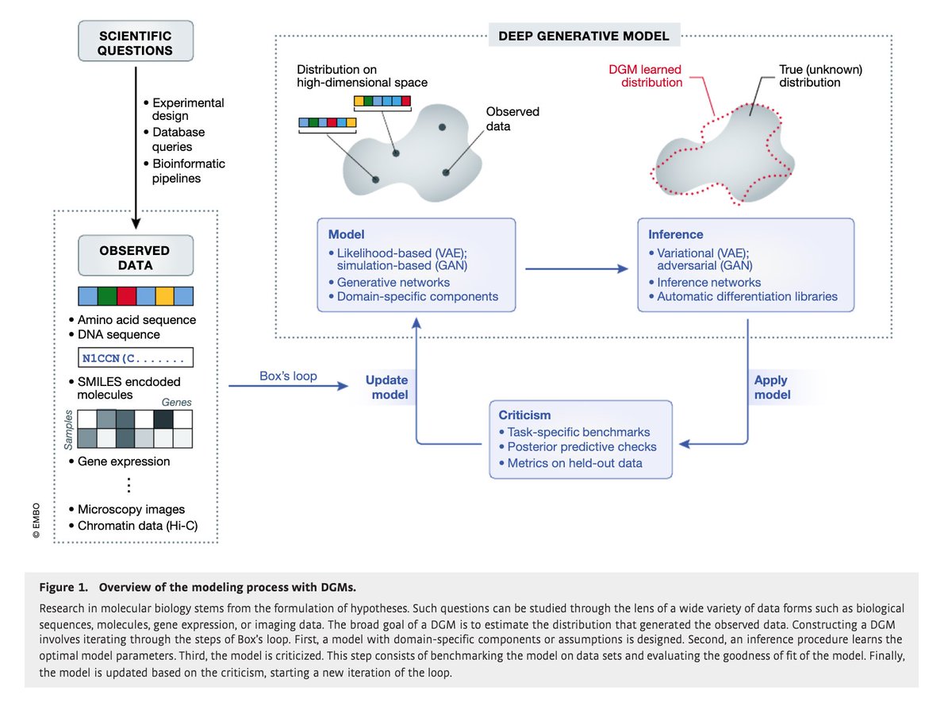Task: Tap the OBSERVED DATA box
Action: tap(136, 256)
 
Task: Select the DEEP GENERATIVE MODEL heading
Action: tap(583, 36)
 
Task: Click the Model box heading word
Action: tap(347, 234)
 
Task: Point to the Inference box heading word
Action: tap(675, 234)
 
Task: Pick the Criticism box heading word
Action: tap(524, 415)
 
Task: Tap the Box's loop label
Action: tap(287, 376)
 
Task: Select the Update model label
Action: tap(386, 387)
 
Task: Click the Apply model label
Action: tap(772, 387)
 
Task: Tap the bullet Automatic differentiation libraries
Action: tap(747, 297)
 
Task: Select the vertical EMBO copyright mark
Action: tap(36, 519)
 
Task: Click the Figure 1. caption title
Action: tap(198, 587)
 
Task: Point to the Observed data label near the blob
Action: tap(512, 119)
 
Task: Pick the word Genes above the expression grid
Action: tap(177, 403)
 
